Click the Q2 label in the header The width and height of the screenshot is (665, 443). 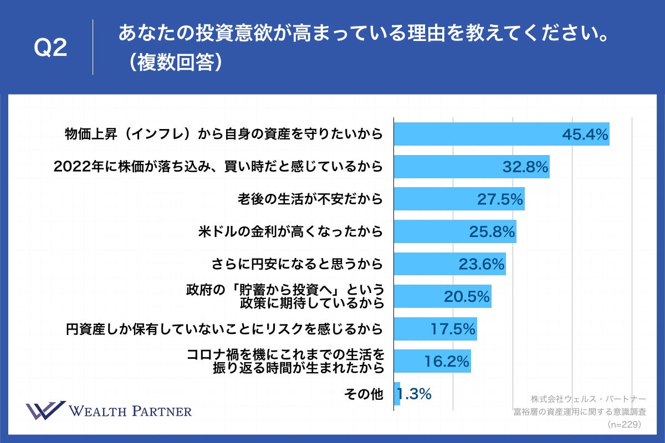(x=50, y=49)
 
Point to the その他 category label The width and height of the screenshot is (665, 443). (x=364, y=394)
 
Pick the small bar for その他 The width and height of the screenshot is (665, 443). (x=397, y=394)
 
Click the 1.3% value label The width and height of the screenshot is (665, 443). (x=415, y=394)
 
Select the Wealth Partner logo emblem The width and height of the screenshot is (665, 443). (x=45, y=411)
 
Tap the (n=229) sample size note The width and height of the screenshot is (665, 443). (x=624, y=424)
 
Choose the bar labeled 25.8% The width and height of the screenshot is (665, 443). (x=454, y=231)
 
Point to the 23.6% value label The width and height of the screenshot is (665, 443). (x=482, y=264)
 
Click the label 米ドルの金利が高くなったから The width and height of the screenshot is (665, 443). (x=290, y=231)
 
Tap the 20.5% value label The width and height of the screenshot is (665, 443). (x=467, y=297)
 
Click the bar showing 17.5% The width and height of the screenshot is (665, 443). (x=435, y=329)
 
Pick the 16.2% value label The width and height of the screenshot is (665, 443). (x=447, y=362)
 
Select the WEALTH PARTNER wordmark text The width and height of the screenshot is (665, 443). (x=130, y=411)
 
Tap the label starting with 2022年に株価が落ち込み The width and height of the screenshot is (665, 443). (x=218, y=167)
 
